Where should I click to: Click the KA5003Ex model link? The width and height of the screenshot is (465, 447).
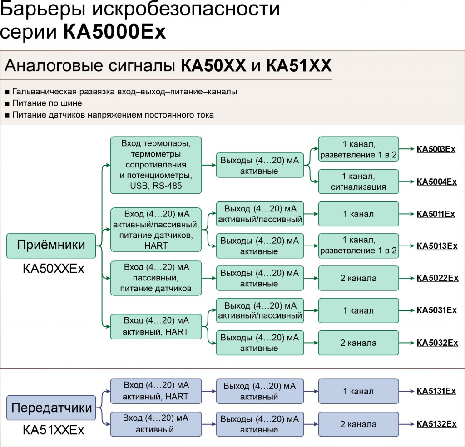click(x=436, y=149)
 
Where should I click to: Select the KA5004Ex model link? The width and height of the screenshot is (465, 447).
click(x=436, y=182)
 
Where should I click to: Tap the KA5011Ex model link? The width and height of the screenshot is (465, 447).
click(x=436, y=214)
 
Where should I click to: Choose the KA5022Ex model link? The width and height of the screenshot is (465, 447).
click(x=437, y=278)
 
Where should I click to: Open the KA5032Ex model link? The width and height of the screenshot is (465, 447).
click(x=437, y=343)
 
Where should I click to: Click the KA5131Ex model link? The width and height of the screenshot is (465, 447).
click(x=436, y=391)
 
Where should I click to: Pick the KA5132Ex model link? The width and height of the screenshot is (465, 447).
click(x=436, y=424)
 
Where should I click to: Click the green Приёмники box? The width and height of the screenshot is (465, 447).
click(x=51, y=246)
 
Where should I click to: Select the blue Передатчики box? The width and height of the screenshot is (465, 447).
click(x=51, y=408)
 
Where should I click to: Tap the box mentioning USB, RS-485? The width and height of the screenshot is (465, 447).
click(x=156, y=165)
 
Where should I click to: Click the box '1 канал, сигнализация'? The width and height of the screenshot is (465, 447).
click(x=358, y=181)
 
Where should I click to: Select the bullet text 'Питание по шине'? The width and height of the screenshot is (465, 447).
click(x=47, y=103)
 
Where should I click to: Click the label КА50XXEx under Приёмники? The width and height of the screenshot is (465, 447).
click(x=54, y=269)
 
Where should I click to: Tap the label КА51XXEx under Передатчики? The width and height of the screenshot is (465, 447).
click(x=54, y=430)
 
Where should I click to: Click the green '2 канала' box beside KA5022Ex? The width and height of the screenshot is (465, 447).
click(x=358, y=278)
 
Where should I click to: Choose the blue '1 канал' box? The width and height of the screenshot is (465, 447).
click(x=358, y=391)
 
